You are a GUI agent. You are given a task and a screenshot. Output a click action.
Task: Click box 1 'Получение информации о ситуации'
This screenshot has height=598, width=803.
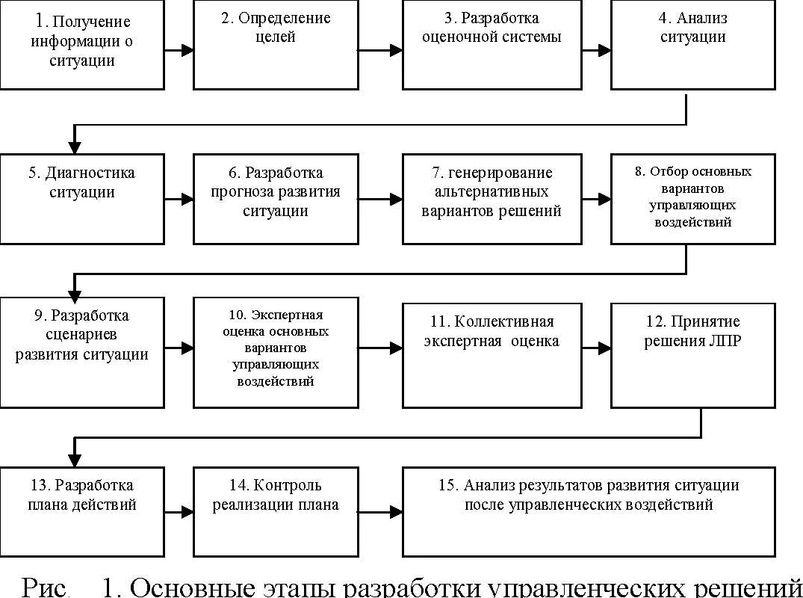point(81,45)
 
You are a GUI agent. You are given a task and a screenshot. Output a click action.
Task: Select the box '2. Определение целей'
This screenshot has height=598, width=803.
point(276,45)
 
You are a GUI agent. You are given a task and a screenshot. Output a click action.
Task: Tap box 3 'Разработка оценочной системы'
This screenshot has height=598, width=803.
point(492,45)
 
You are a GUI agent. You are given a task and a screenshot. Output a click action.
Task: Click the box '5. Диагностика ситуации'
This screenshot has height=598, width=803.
point(81,198)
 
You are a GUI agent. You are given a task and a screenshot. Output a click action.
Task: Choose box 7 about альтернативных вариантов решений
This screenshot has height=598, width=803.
point(492,198)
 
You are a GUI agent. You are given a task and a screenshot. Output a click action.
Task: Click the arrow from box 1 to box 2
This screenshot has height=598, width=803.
point(179,51)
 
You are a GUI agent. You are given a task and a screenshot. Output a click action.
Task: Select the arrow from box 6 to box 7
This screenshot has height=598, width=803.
point(380,200)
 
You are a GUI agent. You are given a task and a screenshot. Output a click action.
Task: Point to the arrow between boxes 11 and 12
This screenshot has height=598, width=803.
point(596,348)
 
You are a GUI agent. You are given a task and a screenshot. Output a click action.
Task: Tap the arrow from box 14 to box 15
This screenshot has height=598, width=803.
point(380,512)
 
